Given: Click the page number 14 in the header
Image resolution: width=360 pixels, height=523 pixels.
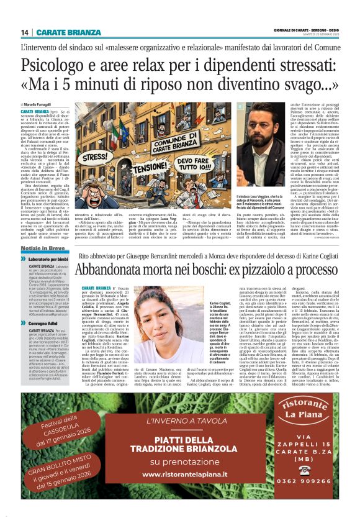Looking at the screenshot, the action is (25, 32).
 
